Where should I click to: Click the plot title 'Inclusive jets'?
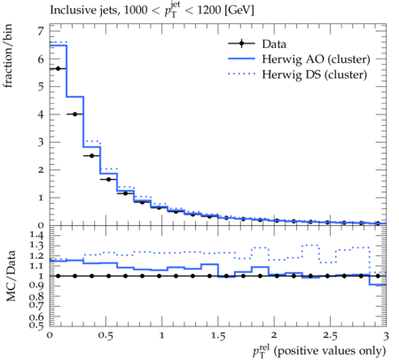[84, 11]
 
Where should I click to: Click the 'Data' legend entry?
[274, 44]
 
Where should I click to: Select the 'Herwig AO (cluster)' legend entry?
[316, 59]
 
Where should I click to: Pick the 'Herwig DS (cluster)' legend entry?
[315, 74]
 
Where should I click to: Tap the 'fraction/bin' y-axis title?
[8, 56]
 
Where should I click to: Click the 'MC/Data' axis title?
[11, 276]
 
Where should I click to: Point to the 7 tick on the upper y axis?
[41, 31]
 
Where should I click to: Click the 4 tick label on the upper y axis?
[41, 114]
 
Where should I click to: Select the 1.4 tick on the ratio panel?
[36, 235]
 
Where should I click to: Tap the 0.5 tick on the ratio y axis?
[36, 325]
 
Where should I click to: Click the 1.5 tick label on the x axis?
[218, 336]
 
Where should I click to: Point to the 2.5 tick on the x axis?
[330, 336]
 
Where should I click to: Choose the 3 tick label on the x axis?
[386, 336]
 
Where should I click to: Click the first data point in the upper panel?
[58, 68]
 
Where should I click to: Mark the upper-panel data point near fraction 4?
[74, 114]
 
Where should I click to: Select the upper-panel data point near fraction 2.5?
[91, 155]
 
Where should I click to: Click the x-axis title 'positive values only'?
[330, 351]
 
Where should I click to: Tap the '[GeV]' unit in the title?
[239, 11]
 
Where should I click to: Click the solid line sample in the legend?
[241, 59]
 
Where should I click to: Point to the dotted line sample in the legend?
[241, 74]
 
